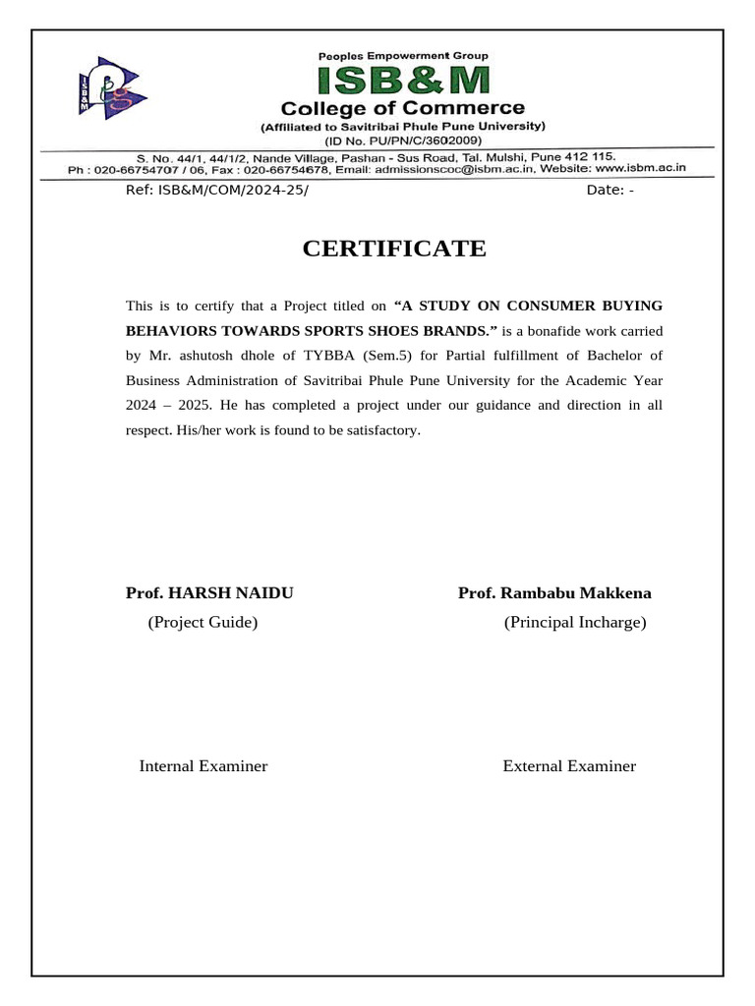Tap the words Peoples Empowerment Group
(x=402, y=56)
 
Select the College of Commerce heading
(x=403, y=108)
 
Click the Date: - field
(x=610, y=191)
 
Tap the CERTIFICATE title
(x=394, y=249)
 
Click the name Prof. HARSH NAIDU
(x=209, y=593)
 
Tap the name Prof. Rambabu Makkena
(x=554, y=593)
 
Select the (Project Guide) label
(x=203, y=622)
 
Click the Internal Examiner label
(x=203, y=765)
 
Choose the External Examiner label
(x=569, y=765)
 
